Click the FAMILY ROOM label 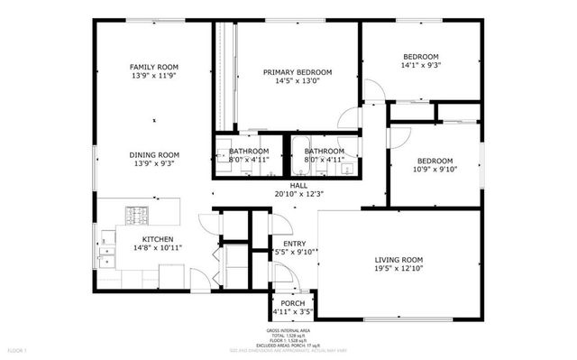[x=154, y=67]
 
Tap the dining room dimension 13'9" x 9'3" [x=154, y=164]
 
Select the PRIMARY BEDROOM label [x=298, y=72]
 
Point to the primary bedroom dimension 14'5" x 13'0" [x=298, y=81]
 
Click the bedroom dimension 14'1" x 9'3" [x=421, y=65]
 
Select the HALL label [x=298, y=185]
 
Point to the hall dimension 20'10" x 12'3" [x=298, y=193]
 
